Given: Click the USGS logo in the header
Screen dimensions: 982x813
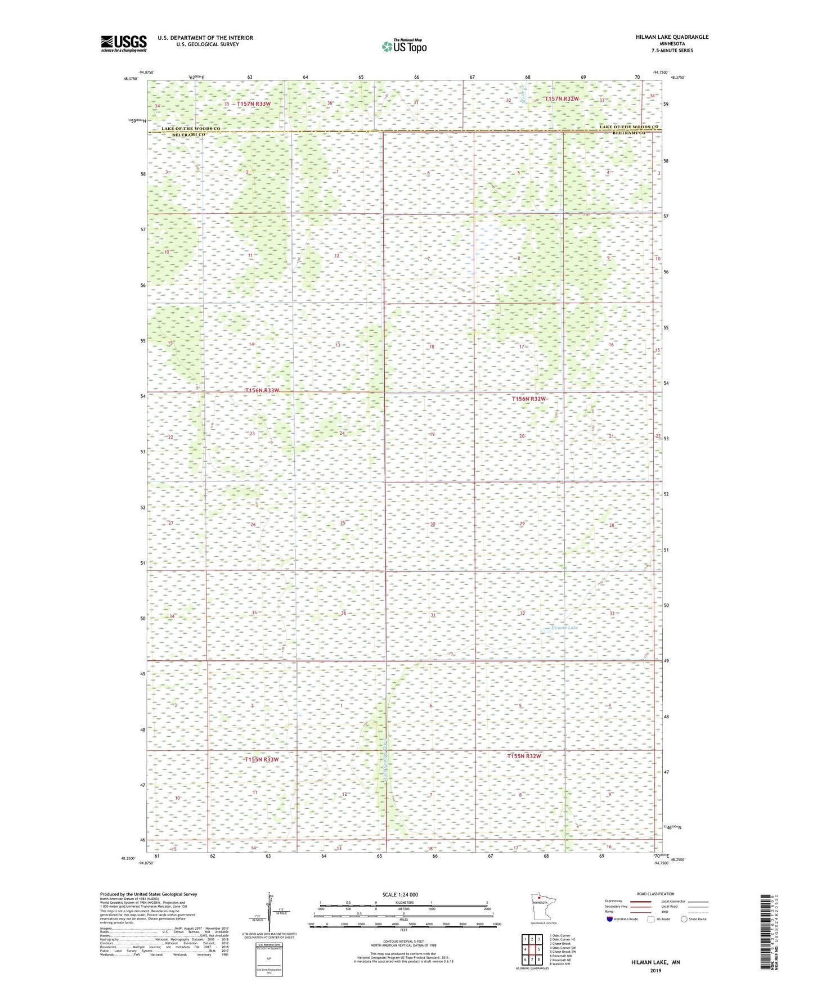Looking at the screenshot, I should point(124,43).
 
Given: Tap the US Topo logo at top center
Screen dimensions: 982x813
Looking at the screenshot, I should point(403,46).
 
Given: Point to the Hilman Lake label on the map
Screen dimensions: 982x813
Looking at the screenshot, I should point(564,628).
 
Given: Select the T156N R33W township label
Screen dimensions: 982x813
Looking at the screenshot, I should point(262,390).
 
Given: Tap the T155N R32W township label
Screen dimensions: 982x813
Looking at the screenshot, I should point(524,756).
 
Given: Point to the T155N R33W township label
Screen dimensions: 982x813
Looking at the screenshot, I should point(262,759).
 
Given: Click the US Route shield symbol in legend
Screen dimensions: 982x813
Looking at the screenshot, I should point(652,919).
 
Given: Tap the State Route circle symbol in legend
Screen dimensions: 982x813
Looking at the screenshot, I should point(684,919).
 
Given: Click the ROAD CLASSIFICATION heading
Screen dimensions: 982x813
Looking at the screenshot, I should point(655,894).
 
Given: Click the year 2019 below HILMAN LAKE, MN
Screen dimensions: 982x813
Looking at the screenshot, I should point(655,970).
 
